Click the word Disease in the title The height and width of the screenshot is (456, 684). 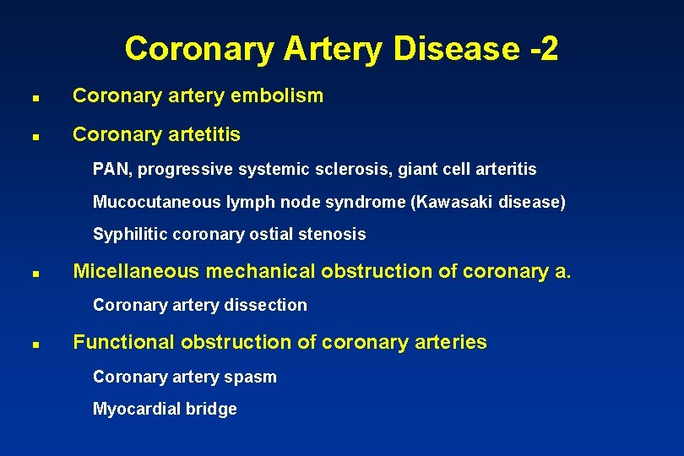click(453, 48)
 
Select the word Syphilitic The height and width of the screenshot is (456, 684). click(129, 235)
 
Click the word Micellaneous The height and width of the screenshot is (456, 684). click(137, 271)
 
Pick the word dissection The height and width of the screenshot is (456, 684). click(269, 305)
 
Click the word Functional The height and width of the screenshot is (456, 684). click(123, 342)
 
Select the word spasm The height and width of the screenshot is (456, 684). click(254, 377)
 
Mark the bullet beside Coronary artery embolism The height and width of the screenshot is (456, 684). click(29, 97)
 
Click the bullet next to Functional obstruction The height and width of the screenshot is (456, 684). click(29, 345)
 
